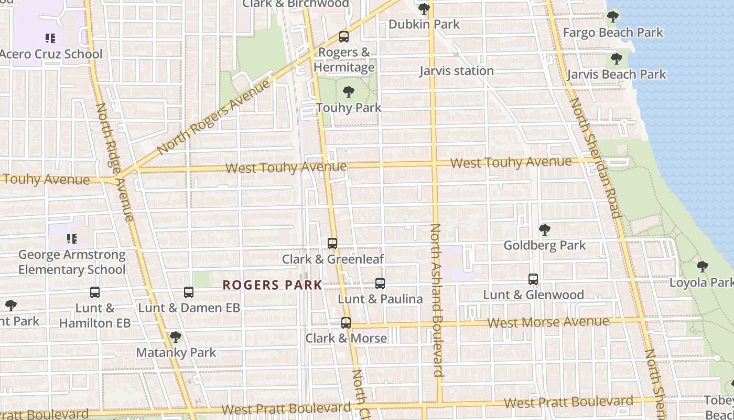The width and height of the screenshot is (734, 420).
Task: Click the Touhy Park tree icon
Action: pyautogui.click(x=348, y=92)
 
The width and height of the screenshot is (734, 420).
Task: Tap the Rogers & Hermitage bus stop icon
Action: pyautogui.click(x=344, y=37)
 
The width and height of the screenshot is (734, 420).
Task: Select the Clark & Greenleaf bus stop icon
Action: pyautogui.click(x=332, y=244)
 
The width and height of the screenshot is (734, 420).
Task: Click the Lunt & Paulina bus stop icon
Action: pyautogui.click(x=380, y=283)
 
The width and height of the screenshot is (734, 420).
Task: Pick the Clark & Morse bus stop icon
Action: pyautogui.click(x=346, y=323)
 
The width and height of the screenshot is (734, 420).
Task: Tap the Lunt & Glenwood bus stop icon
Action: pyautogui.click(x=533, y=279)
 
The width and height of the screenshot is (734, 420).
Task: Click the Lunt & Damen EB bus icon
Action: pyautogui.click(x=189, y=292)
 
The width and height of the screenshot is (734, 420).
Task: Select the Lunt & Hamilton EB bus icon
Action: pyautogui.click(x=95, y=292)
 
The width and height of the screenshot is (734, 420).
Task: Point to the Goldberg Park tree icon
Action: pyautogui.click(x=545, y=230)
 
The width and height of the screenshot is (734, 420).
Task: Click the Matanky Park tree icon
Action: pyautogui.click(x=176, y=337)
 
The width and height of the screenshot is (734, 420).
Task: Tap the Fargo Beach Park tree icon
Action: pyautogui.click(x=612, y=17)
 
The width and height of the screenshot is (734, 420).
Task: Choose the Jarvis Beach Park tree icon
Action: pyautogui.click(x=617, y=58)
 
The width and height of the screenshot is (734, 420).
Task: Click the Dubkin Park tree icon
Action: pyautogui.click(x=424, y=9)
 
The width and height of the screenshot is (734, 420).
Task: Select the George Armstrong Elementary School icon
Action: pyautogui.click(x=72, y=239)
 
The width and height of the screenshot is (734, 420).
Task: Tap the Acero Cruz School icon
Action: pyautogui.click(x=50, y=38)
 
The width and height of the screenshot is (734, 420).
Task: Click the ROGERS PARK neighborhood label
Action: pyautogui.click(x=273, y=285)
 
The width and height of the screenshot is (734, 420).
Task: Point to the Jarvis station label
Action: pyautogui.click(x=456, y=71)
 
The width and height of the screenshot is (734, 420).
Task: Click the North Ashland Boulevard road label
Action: pyautogui.click(x=437, y=300)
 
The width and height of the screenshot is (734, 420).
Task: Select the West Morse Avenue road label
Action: pyautogui.click(x=548, y=322)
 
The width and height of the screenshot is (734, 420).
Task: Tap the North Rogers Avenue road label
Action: pyautogui.click(x=214, y=117)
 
